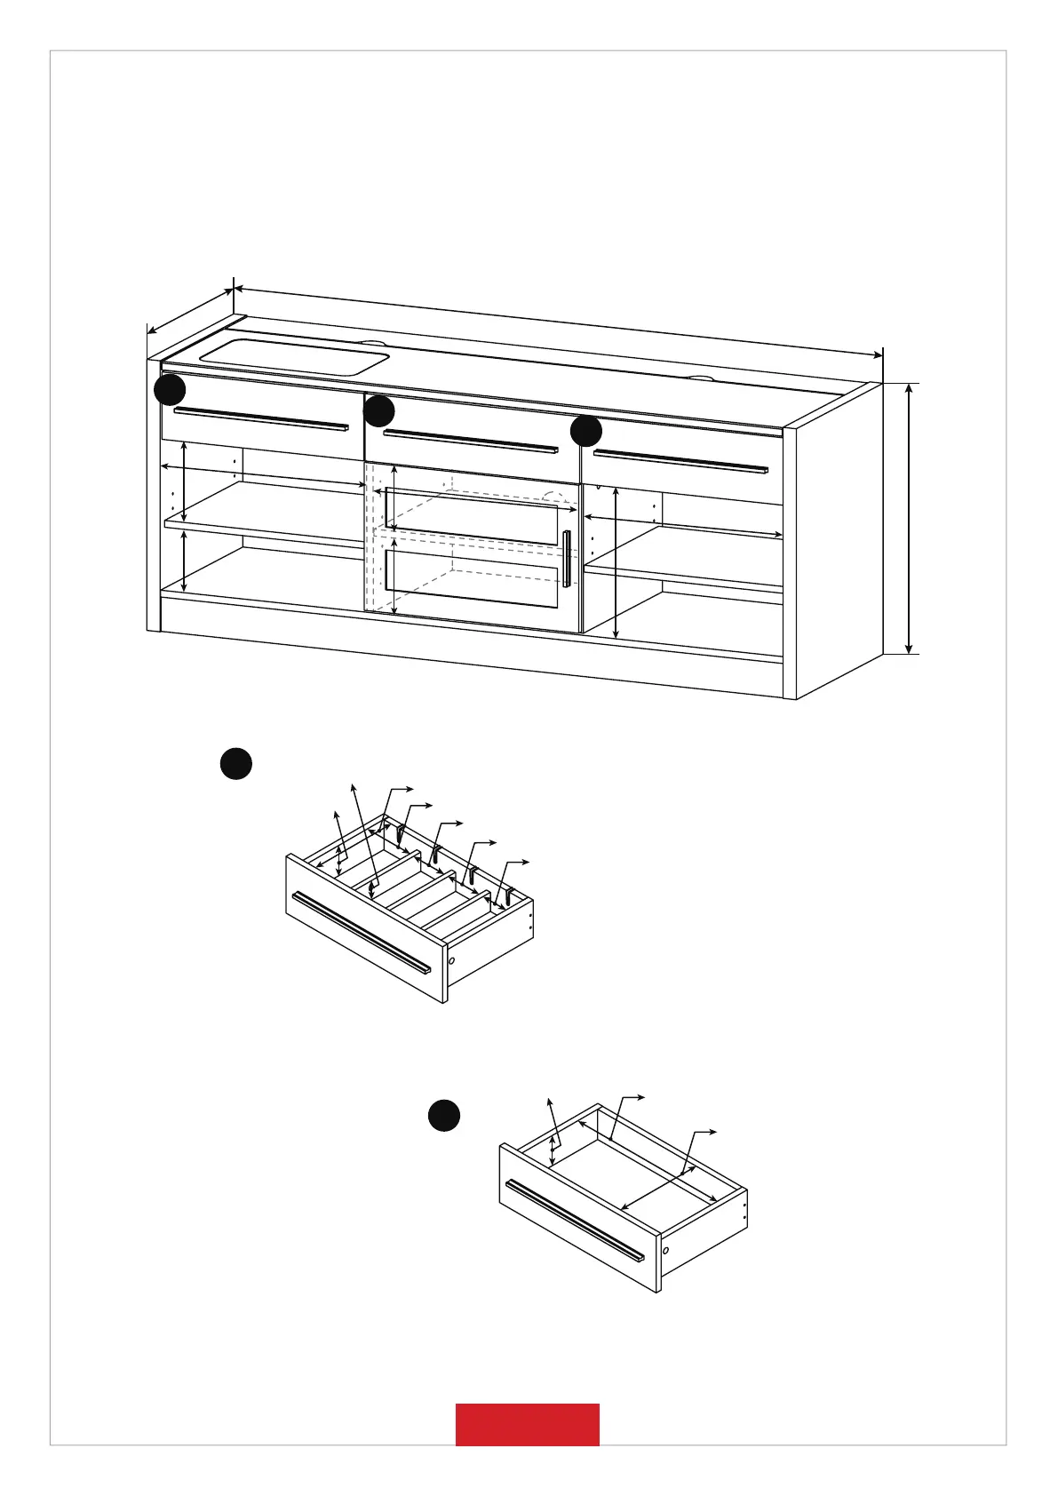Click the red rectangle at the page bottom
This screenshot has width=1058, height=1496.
pos(527,1424)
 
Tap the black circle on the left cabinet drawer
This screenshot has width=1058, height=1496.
pos(170,390)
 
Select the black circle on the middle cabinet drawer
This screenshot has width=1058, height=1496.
pos(379,411)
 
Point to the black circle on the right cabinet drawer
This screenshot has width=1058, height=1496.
pos(586,432)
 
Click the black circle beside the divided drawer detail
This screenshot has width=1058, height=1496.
pos(235,764)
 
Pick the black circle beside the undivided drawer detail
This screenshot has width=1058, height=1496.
pos(444,1116)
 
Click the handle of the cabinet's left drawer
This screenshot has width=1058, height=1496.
pos(261,419)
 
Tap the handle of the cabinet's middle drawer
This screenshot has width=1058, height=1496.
pos(469,441)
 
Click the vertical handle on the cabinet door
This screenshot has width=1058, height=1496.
pos(567,559)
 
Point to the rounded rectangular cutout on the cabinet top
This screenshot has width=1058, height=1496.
pos(295,356)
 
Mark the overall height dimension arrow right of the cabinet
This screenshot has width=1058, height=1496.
pos(909,519)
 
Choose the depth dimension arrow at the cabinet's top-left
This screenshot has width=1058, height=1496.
pos(190,310)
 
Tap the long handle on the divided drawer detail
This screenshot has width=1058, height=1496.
pos(361,932)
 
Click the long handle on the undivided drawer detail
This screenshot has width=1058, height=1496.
pos(574,1220)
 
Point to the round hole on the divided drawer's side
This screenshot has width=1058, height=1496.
pos(451,960)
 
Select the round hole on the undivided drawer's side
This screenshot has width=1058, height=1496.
pos(665,1250)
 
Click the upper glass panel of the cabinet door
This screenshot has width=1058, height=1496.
pos(472,513)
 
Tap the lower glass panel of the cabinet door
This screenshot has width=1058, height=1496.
pos(472,577)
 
